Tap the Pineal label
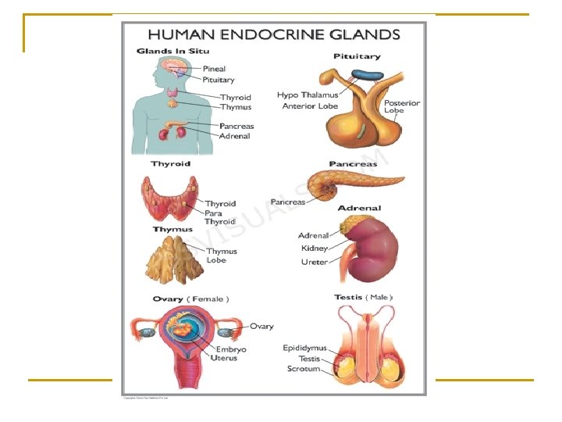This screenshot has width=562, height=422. pos(214,69)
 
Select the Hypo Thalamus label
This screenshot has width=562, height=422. pos(309,95)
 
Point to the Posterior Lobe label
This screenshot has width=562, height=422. pos(401,106)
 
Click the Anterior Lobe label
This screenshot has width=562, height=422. pos(310,106)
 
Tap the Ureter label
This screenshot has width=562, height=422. pos(315,262)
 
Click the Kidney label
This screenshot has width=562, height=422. pos(315,249)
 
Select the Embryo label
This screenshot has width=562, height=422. pos(231,349)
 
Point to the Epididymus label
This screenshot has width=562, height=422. pos(304,349)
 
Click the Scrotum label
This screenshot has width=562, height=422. pos(304,368)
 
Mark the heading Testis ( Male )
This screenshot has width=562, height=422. pos(363,297)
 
